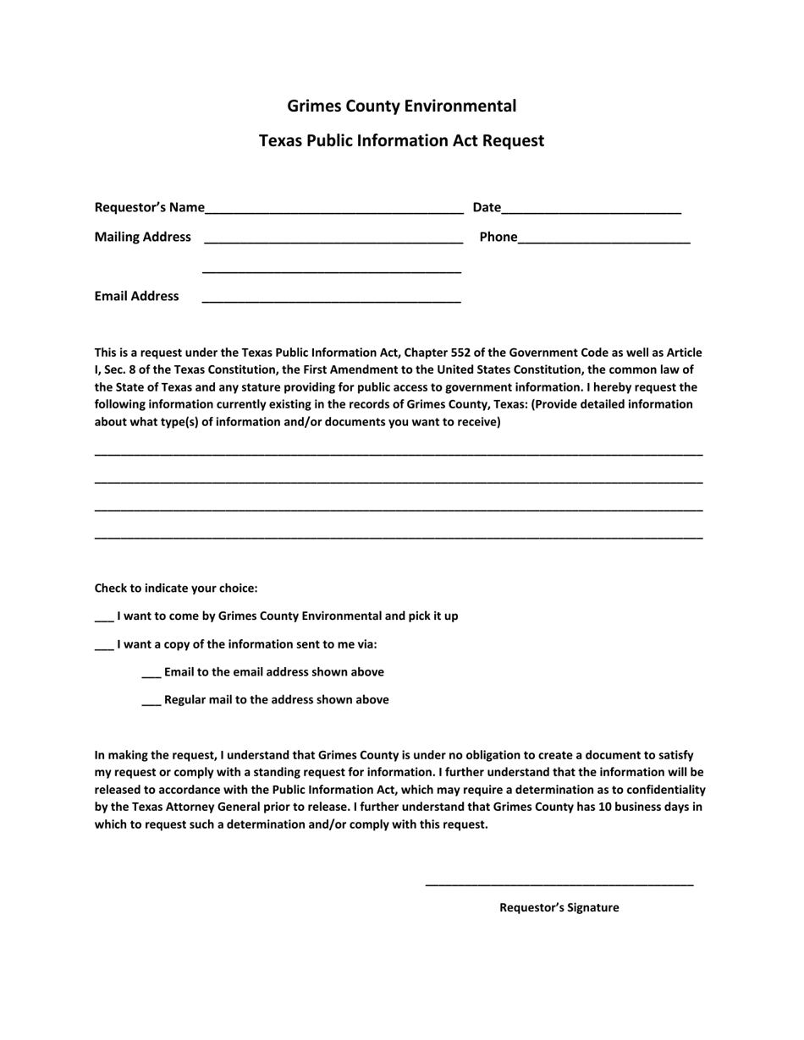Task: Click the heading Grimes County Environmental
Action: (x=401, y=106)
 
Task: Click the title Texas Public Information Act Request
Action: (x=401, y=140)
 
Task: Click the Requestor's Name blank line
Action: (x=333, y=210)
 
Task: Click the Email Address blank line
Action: (x=331, y=298)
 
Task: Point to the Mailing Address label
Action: (x=142, y=237)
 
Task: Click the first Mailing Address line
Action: (x=333, y=239)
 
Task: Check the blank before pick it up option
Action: (x=103, y=617)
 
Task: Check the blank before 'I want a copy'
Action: (x=103, y=646)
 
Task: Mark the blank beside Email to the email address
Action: (x=151, y=674)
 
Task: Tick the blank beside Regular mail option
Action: (x=151, y=702)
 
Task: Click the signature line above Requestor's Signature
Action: (x=559, y=882)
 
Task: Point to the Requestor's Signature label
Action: (x=559, y=907)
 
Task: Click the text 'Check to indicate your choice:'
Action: (x=176, y=588)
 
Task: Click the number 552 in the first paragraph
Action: (x=471, y=353)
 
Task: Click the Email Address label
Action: (x=136, y=296)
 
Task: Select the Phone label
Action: (x=498, y=237)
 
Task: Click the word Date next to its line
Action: (x=487, y=207)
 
